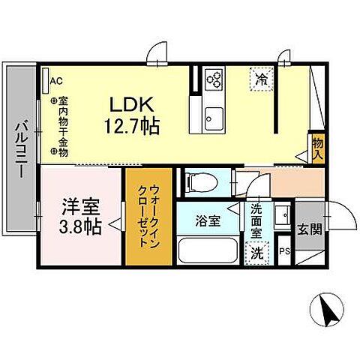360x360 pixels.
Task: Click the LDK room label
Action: pos(134,103)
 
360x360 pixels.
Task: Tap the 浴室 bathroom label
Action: pos(208,222)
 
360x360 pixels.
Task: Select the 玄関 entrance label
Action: pos(309,227)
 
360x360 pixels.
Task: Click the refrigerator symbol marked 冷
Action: pos(262,78)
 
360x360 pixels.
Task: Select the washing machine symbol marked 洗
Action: pos(257,253)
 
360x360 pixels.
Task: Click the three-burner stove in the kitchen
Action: pos(214,78)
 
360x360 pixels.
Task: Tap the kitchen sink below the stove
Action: pos(213,117)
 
